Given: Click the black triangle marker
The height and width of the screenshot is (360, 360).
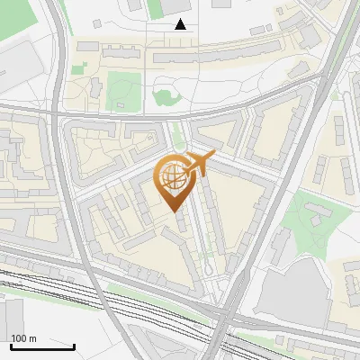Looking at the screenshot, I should tap(181, 24).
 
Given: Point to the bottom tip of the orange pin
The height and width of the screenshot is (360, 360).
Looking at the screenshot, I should tap(175, 212).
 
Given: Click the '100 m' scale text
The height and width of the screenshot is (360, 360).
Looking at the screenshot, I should tap(23, 338).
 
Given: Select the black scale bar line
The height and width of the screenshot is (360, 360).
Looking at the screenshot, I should tap(42, 346).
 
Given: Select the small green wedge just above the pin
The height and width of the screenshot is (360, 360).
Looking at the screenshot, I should tap(178, 135).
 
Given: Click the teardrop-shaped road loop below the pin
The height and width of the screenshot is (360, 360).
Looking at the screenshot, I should tap(208, 266).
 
